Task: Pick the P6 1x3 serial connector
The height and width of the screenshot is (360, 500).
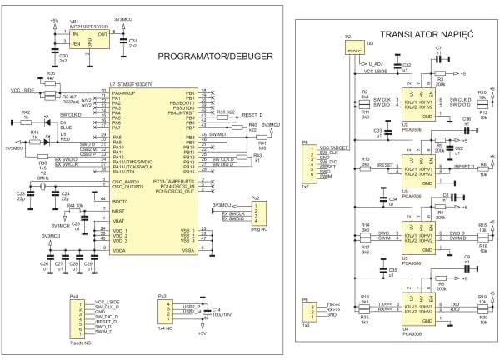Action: coord(307,311)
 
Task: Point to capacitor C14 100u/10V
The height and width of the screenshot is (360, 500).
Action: coord(201,314)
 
